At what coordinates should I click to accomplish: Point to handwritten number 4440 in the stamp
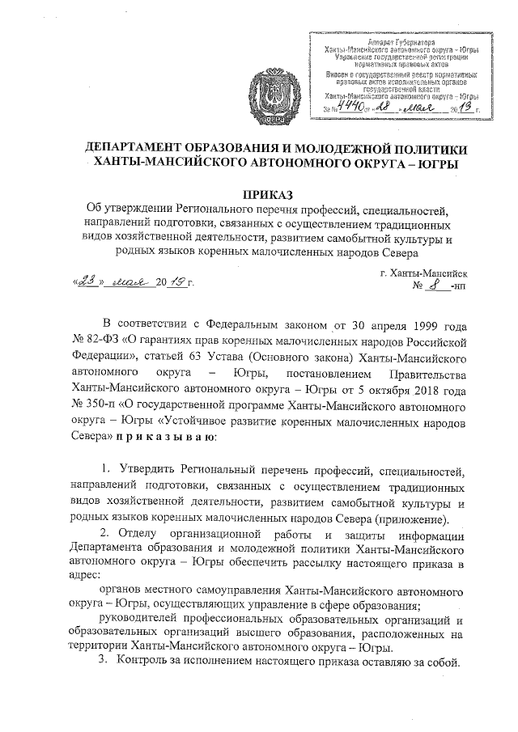pos(353,107)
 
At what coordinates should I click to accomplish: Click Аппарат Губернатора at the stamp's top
pos(400,40)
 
